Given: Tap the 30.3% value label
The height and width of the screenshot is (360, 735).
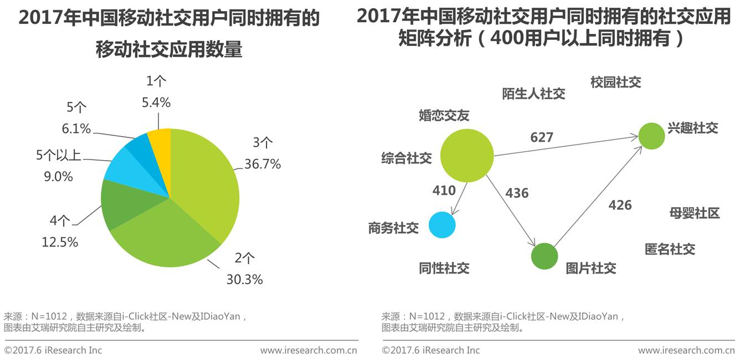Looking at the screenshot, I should pyautogui.click(x=244, y=280).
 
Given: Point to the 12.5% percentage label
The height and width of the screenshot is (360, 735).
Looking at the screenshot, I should pyautogui.click(x=60, y=242).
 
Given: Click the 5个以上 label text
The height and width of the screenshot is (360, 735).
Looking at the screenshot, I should pyautogui.click(x=59, y=156).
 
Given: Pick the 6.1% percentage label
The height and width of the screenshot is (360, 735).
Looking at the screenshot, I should pyautogui.click(x=76, y=128).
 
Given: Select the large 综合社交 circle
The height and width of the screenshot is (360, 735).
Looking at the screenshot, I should pyautogui.click(x=466, y=156).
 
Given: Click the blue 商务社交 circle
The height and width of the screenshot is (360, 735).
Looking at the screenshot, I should pyautogui.click(x=442, y=225).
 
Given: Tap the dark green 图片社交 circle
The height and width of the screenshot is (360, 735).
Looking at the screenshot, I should pyautogui.click(x=544, y=256).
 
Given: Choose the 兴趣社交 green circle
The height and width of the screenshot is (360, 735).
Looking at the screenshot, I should pyautogui.click(x=651, y=136).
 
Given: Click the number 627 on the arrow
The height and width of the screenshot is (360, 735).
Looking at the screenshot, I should pyautogui.click(x=542, y=137).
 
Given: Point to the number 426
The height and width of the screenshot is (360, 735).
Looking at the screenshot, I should pyautogui.click(x=620, y=205).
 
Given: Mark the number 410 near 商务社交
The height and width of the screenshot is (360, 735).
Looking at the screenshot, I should pyautogui.click(x=444, y=191).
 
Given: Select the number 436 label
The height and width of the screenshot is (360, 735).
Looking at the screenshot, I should pyautogui.click(x=517, y=193).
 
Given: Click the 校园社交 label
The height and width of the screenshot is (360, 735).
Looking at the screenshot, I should pyautogui.click(x=615, y=83).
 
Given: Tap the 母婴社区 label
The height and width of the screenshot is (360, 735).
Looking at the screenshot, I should pyautogui.click(x=694, y=213).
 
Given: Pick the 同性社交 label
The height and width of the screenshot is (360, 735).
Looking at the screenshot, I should pyautogui.click(x=444, y=268).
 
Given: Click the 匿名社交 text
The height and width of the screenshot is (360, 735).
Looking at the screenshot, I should pyautogui.click(x=670, y=249).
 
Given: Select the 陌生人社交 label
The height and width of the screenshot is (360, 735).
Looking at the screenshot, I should pyautogui.click(x=533, y=94).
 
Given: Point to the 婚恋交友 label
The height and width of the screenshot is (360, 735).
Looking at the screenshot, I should pyautogui.click(x=444, y=115).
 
